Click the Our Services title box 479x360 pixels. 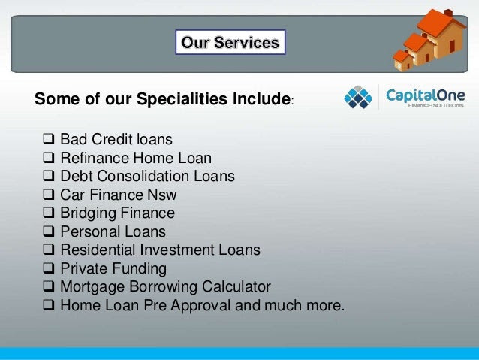230,42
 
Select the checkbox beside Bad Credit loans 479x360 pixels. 49,139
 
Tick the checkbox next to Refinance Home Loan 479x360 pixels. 49,158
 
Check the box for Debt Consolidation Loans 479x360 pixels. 49,176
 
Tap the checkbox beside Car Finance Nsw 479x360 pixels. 49,194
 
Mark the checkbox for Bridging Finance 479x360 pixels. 49,213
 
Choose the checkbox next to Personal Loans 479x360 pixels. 49,231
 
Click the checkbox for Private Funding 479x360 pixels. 49,268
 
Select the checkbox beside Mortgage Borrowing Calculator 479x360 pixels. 49,286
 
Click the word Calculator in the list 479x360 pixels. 236,286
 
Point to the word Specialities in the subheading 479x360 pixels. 182,99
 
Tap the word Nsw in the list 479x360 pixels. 162,195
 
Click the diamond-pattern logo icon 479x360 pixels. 358,97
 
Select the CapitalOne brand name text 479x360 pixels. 425,95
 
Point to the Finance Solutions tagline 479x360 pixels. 436,105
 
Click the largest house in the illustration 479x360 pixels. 442,34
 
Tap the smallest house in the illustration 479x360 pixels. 403,60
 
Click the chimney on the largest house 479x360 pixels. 448,13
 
